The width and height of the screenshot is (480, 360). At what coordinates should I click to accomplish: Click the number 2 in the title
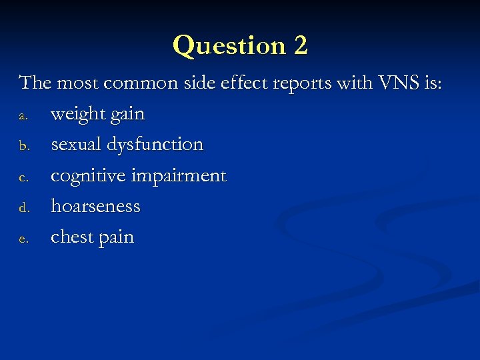(300, 46)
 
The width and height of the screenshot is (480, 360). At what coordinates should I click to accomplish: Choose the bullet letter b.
(23, 146)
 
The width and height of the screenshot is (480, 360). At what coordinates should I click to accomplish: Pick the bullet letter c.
(23, 177)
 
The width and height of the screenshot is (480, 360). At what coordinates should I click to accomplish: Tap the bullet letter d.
(23, 207)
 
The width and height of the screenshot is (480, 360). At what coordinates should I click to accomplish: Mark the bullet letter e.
(23, 239)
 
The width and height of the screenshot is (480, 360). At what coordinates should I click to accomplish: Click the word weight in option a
(78, 115)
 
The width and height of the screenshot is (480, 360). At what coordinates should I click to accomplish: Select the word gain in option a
(127, 115)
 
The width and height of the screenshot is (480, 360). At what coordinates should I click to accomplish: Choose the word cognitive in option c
(89, 177)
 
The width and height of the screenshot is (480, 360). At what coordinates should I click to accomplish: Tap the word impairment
(179, 177)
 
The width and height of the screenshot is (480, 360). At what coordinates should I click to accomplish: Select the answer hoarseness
(95, 207)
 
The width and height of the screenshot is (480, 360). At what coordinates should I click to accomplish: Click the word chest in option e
(72, 237)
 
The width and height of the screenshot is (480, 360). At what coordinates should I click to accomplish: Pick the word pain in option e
(116, 238)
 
